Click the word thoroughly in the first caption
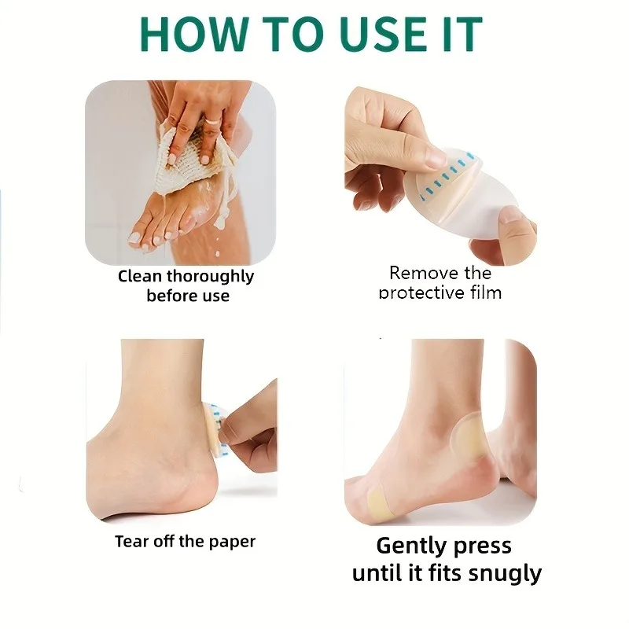coord(210,278)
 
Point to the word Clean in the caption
coord(140,276)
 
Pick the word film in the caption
coord(486,292)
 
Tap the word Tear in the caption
coord(131,542)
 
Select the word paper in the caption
coord(232,543)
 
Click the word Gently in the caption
coord(408,546)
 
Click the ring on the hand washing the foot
coord(213,120)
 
